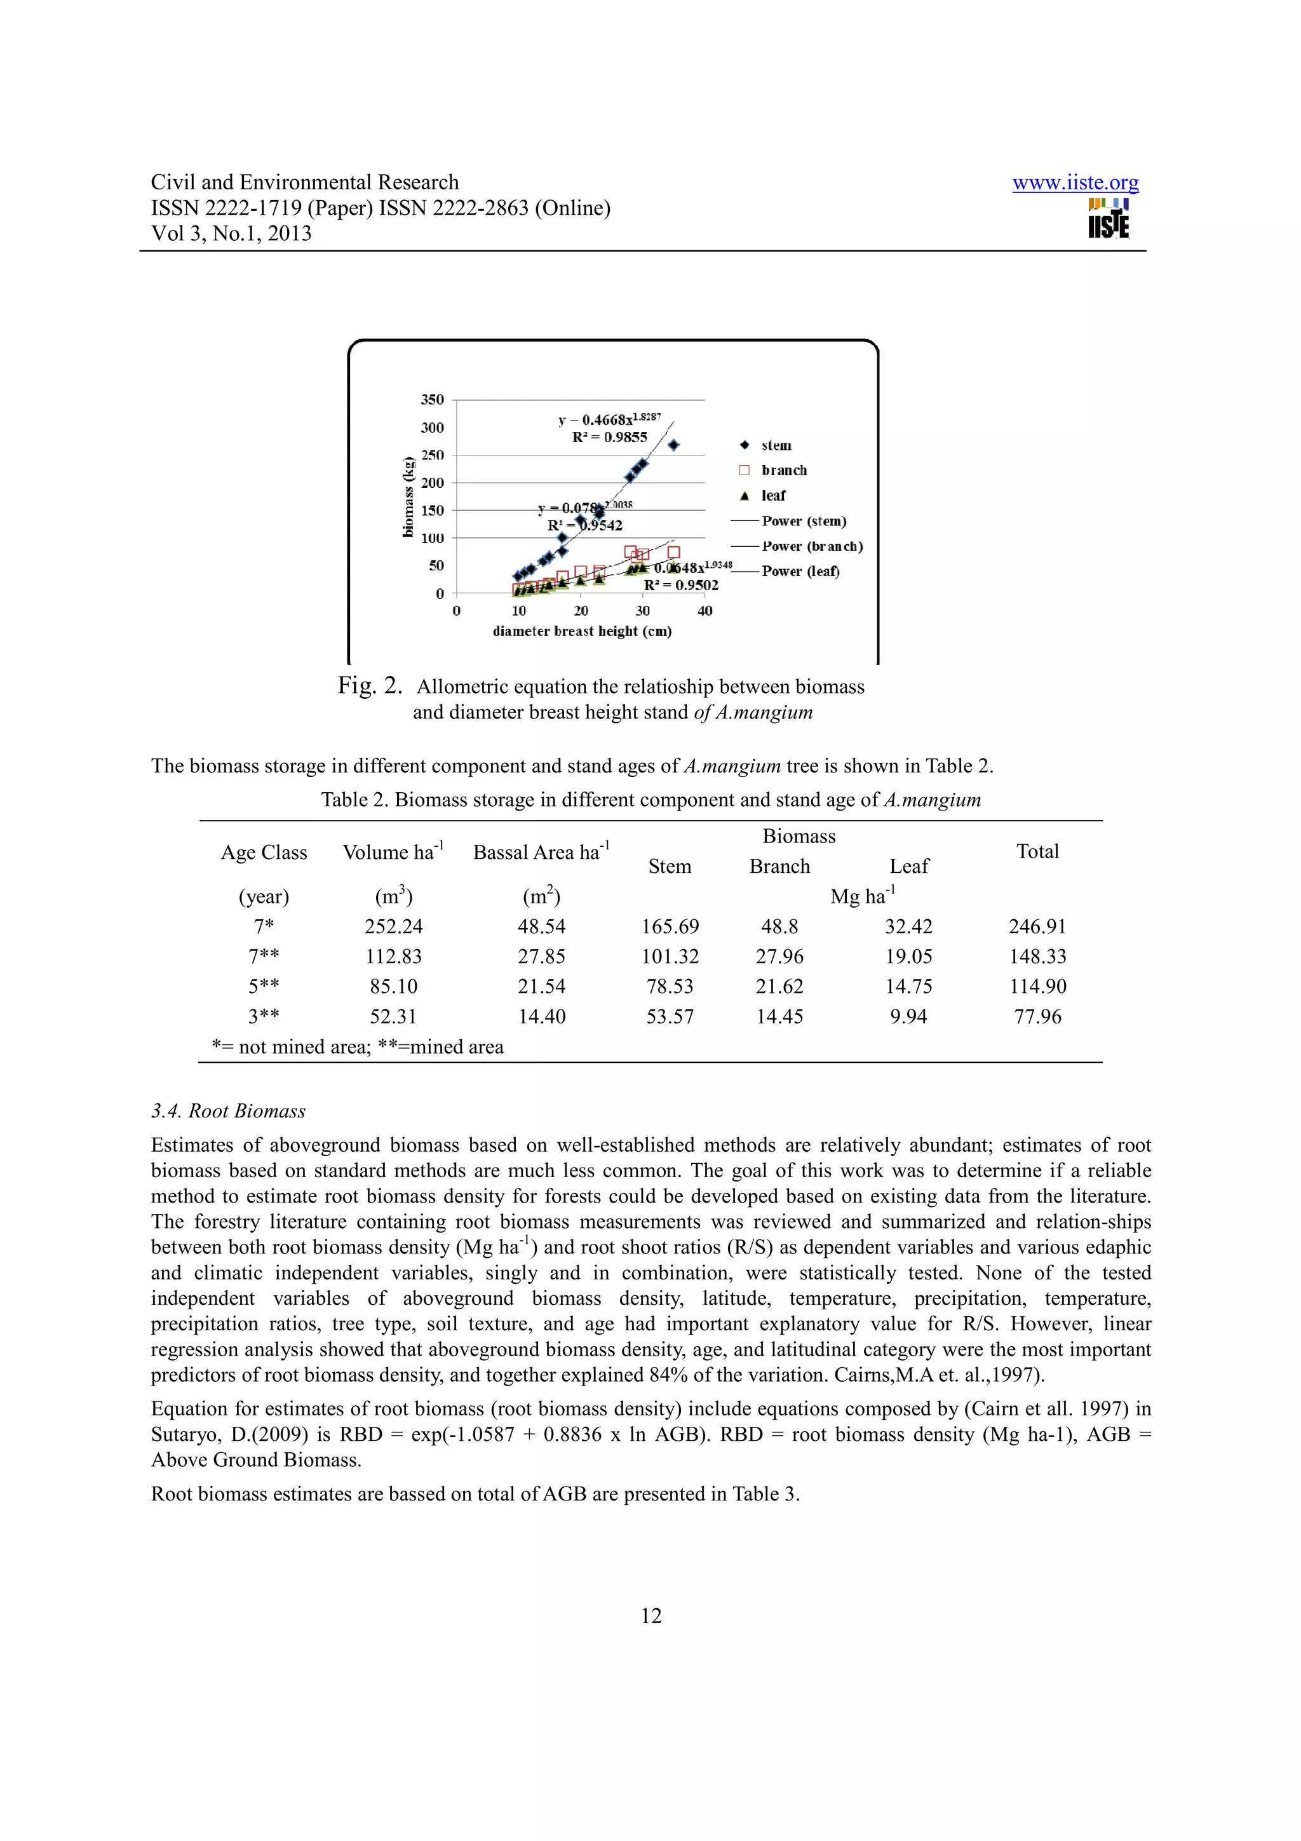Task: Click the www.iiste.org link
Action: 1074,183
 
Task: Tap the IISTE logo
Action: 1108,219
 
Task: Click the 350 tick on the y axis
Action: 432,400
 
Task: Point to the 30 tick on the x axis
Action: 643,611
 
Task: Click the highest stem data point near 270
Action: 673,445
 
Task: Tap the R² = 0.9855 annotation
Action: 609,438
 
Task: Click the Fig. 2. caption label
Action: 368,685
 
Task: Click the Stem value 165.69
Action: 670,927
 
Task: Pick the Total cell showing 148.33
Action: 1037,957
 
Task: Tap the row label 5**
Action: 264,987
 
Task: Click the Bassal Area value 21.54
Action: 541,987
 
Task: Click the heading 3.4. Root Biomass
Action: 229,1111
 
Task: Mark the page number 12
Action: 651,1615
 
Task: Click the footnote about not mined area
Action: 358,1047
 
